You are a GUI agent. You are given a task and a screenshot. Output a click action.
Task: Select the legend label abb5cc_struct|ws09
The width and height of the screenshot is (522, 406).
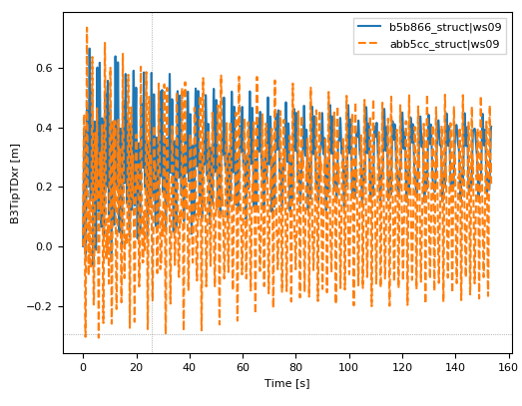(x=445, y=43)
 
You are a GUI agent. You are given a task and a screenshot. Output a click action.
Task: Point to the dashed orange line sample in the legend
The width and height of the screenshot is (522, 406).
(x=369, y=43)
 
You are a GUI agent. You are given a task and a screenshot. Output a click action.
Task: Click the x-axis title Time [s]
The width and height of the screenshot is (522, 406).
(x=287, y=384)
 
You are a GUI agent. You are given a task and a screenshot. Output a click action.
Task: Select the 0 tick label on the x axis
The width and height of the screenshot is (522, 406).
(x=83, y=366)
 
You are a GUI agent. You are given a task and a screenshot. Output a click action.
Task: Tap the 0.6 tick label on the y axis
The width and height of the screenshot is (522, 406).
(x=44, y=69)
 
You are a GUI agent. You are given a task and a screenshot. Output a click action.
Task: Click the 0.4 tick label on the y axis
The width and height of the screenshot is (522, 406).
(x=44, y=128)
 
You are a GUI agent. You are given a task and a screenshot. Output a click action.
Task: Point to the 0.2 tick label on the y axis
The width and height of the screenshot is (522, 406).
(x=44, y=188)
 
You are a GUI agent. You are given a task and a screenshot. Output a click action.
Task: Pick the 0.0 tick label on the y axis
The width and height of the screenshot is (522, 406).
(x=44, y=247)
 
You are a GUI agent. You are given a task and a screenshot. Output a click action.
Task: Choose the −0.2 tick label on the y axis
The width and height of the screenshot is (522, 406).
(x=40, y=306)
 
